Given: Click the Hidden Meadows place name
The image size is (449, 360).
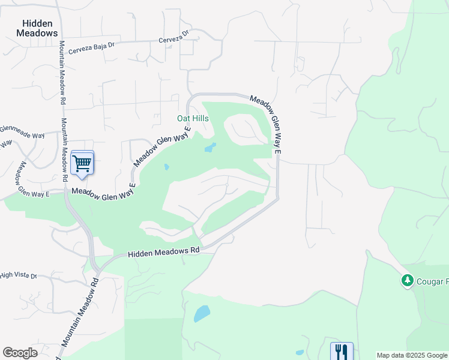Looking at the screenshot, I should [40, 28].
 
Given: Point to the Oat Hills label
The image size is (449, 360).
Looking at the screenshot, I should [193, 119].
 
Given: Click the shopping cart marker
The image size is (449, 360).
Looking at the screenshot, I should [82, 163].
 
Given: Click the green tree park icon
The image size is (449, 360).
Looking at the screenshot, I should [408, 280].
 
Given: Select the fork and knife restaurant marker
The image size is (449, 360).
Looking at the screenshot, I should [342, 351].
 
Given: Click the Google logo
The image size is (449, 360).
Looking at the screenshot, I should [20, 353].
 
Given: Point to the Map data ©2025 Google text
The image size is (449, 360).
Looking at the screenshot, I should [412, 355].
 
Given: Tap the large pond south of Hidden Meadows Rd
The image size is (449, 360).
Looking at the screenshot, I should [202, 313].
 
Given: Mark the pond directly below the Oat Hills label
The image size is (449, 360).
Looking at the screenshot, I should [209, 147].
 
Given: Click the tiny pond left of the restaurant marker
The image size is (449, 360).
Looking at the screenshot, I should [300, 352].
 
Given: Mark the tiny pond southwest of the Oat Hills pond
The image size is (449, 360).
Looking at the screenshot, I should [166, 167].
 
